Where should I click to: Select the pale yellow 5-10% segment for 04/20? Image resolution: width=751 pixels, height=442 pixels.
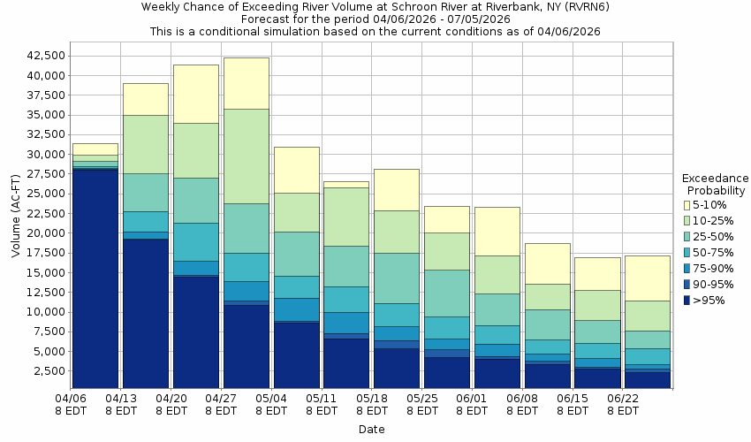tap(196, 94)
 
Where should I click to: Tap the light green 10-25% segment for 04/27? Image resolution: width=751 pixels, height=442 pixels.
tap(247, 156)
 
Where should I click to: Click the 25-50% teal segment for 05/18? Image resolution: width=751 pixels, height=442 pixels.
tap(397, 278)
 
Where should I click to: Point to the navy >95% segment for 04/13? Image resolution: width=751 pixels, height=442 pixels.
tap(146, 314)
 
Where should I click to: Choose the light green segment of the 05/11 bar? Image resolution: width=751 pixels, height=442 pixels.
tap(346, 217)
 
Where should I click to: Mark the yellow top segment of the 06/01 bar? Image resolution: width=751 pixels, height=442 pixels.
tap(497, 231)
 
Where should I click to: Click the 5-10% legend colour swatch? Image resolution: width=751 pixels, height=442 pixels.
tap(687, 205)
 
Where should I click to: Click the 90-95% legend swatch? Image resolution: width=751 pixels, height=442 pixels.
tap(687, 285)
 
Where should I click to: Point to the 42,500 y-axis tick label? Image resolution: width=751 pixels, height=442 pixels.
tap(42, 55)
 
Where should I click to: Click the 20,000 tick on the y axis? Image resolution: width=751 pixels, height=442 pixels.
tap(42, 233)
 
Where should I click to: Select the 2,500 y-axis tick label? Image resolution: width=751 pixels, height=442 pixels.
tap(46, 371)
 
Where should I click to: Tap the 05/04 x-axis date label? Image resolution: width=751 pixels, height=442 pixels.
tap(271, 404)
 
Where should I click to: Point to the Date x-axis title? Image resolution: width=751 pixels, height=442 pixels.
tap(371, 430)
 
